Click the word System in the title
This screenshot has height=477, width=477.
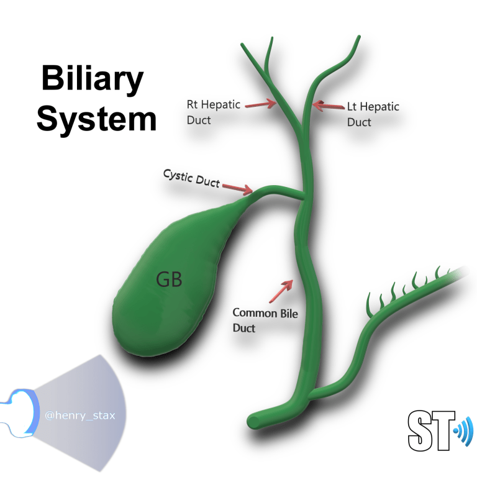(x=96, y=118)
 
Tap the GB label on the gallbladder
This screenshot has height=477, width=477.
(x=168, y=280)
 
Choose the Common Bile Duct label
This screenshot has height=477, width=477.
(x=265, y=320)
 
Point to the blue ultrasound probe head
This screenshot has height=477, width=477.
(x=19, y=410)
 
